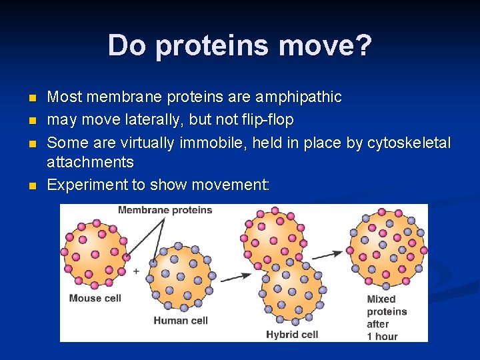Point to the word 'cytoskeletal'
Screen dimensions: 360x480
tap(406, 143)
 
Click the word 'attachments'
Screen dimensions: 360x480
tap(90, 162)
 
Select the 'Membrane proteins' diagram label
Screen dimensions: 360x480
tap(165, 210)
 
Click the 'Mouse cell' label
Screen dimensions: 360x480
tap(95, 298)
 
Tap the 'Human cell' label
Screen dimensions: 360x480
tap(181, 320)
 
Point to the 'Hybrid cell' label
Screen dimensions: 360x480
tap(292, 334)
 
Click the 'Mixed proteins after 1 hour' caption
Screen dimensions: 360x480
tap(386, 317)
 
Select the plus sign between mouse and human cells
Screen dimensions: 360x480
tap(136, 271)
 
